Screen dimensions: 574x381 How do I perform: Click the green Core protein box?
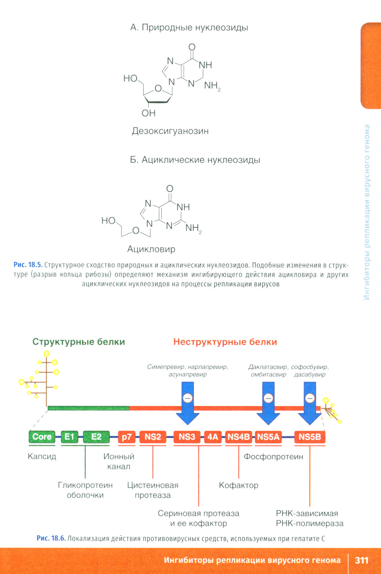point(42,437)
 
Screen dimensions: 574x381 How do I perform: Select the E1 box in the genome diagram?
point(69,437)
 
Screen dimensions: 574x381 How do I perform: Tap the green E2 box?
point(96,437)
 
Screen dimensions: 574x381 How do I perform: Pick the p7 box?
point(126,437)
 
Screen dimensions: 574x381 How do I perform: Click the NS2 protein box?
point(153,437)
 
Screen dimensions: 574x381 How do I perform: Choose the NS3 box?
point(187,437)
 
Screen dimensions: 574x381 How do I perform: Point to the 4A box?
point(213,437)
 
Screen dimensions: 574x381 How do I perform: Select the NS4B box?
point(239,437)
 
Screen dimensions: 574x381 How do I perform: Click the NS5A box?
point(268,437)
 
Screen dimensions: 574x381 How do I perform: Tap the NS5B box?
point(310,437)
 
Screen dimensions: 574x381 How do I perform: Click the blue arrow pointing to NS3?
point(187,403)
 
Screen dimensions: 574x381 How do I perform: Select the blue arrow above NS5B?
point(310,403)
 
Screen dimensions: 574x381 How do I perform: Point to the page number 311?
point(362,560)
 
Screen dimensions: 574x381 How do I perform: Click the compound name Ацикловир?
point(151,249)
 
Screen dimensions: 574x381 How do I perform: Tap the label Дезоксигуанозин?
point(170,131)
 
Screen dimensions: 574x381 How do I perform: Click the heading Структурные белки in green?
point(78,342)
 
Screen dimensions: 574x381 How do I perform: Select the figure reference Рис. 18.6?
point(51,538)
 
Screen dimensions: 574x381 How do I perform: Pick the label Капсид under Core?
point(42,456)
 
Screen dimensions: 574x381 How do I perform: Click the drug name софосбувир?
point(309,367)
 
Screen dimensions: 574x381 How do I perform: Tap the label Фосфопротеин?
point(274,456)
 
